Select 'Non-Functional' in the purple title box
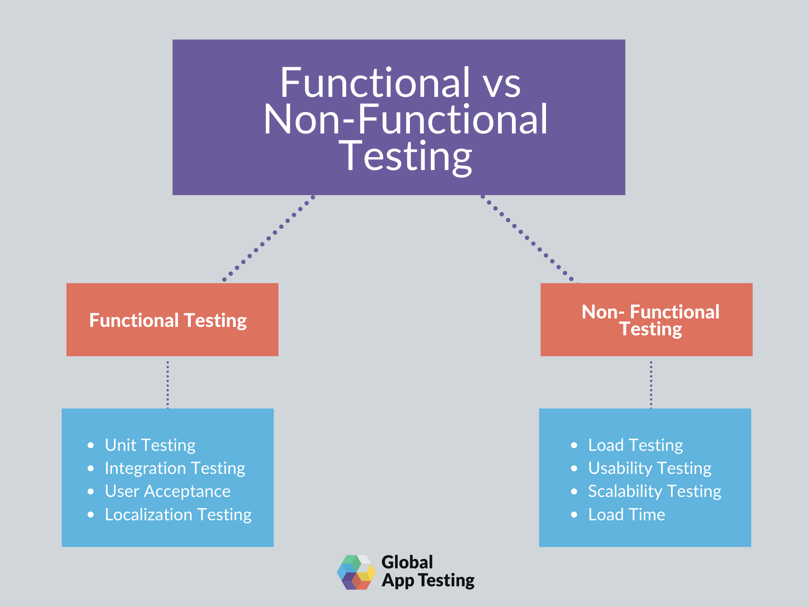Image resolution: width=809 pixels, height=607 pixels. click(x=405, y=120)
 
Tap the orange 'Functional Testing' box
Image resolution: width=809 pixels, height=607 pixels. click(x=172, y=320)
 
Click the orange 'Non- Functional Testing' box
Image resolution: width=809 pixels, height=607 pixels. click(x=646, y=320)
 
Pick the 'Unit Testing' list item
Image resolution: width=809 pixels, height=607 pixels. click(x=150, y=445)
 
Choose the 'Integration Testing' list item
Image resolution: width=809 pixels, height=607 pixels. click(x=175, y=468)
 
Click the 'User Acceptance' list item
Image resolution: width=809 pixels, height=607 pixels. click(x=167, y=491)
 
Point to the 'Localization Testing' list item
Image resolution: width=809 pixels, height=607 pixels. click(x=178, y=515)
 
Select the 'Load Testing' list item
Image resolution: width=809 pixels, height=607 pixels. click(x=635, y=445)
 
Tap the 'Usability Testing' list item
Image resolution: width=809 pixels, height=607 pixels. click(x=650, y=468)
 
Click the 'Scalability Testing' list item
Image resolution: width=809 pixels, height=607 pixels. click(x=654, y=491)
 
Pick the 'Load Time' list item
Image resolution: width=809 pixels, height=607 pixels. click(x=627, y=515)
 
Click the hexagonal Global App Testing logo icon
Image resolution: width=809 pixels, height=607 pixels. click(x=356, y=572)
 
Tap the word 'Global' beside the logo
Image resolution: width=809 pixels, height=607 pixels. click(x=407, y=562)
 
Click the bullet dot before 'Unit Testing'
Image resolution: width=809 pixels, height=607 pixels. click(x=91, y=445)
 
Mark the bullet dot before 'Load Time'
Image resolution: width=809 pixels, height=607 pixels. click(x=574, y=515)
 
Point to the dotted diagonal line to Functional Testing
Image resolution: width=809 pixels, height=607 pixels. click(x=269, y=239)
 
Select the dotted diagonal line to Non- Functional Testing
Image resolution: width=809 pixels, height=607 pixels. click(x=527, y=238)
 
